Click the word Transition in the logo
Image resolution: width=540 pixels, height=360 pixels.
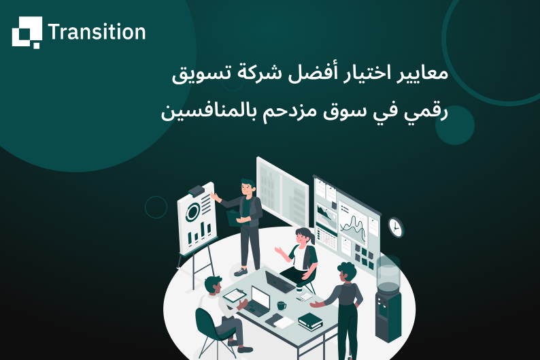point(97,32)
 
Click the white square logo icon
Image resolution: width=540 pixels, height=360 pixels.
point(27,32)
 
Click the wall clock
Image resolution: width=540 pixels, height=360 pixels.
point(396,227)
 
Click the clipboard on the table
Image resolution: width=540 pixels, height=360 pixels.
point(234,295)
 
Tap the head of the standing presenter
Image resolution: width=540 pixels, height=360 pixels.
point(247,186)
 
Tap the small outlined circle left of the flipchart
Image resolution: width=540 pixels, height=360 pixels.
point(156,207)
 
